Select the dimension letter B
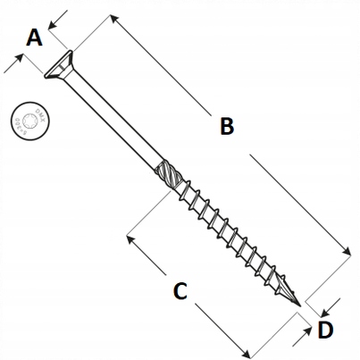click(226, 127)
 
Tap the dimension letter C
click(179, 290)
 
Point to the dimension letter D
click(326, 330)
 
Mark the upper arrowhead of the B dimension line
click(113, 18)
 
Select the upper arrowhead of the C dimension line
click(130, 239)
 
